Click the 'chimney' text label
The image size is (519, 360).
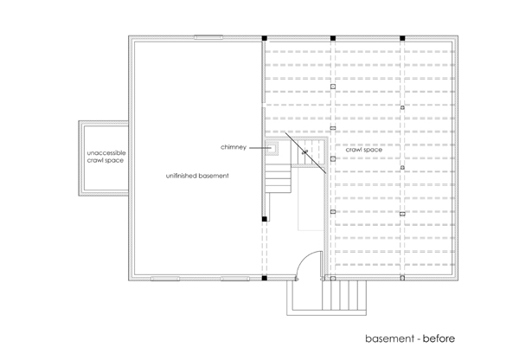tap(234, 147)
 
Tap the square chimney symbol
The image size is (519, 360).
tap(272, 148)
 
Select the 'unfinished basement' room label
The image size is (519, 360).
tap(197, 176)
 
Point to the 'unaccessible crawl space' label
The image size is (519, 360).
tap(106, 157)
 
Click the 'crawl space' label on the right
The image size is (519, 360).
tap(364, 150)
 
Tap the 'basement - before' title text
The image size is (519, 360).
tap(410, 338)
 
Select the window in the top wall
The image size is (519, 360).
tap(208, 37)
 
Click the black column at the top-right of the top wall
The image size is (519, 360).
tap(402, 38)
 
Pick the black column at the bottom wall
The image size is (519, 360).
tap(264, 278)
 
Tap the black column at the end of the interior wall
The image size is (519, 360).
tap(264, 219)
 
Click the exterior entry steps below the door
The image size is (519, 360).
tap(344, 295)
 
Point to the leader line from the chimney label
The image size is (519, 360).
tap(260, 148)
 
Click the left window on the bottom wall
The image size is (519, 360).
tap(165, 279)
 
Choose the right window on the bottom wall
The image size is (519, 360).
tap(235, 279)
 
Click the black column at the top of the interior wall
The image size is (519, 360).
tap(264, 38)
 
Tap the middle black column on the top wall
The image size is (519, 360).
tap(333, 38)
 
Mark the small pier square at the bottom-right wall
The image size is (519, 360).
tap(402, 278)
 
